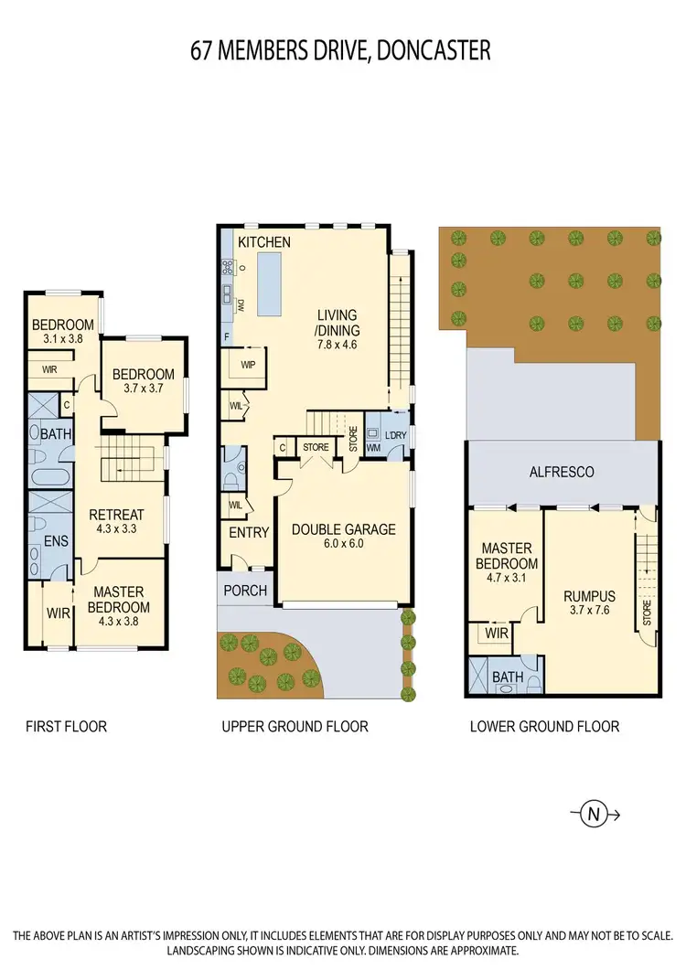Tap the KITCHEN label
click(264, 242)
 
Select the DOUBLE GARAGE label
click(343, 528)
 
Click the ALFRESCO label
click(563, 472)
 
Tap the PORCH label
click(245, 591)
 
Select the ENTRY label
click(248, 534)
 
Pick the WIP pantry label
click(248, 365)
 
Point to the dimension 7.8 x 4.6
click(338, 346)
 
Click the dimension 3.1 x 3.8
click(62, 338)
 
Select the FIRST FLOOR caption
click(67, 727)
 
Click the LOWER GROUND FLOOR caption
click(544, 727)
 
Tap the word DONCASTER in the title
click(432, 50)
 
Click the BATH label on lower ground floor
click(507, 677)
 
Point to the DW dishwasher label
click(241, 304)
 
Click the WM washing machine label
click(373, 448)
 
